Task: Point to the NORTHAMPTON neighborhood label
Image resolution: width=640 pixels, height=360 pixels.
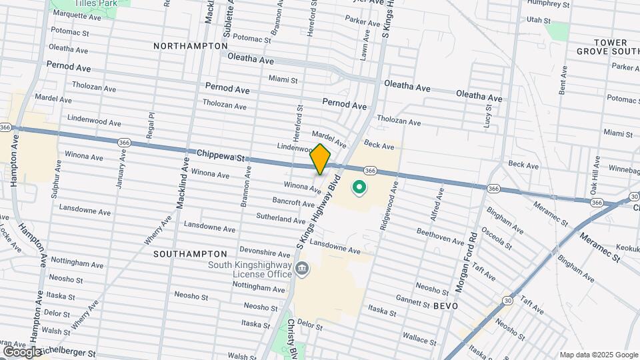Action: [190, 46]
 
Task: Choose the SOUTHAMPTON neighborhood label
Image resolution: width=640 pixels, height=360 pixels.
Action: [190, 254]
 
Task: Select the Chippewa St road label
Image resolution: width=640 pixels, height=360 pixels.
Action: [221, 156]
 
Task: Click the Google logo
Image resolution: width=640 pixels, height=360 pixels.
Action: [21, 351]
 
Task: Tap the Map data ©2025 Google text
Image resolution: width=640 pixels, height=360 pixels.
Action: [598, 355]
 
